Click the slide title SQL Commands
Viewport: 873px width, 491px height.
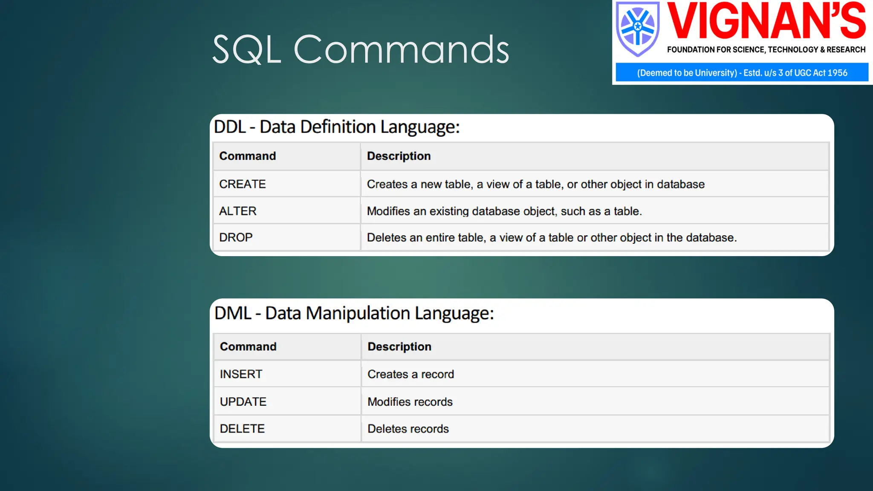coord(361,49)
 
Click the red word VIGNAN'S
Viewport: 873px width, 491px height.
coord(766,20)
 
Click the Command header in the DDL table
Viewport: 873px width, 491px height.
coord(247,156)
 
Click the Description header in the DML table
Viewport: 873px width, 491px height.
coord(399,347)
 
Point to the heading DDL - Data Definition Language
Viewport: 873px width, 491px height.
coord(337,127)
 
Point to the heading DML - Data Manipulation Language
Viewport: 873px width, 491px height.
coord(354,313)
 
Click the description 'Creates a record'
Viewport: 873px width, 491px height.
coord(410,374)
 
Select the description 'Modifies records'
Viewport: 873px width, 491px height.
coord(410,402)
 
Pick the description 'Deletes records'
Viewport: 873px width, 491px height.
coord(408,429)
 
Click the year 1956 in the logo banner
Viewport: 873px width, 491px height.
coord(837,73)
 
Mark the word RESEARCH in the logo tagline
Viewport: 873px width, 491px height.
coord(846,50)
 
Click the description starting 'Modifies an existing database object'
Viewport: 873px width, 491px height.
coord(504,211)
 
